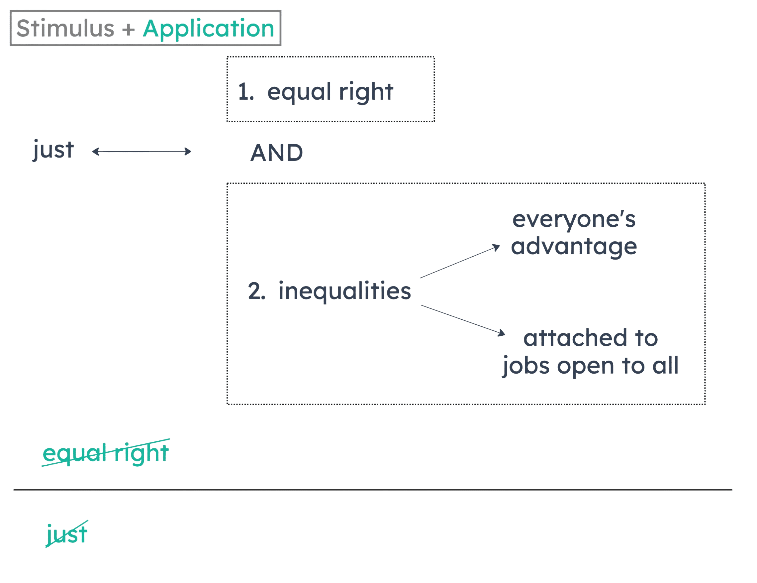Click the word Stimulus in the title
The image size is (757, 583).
point(65,29)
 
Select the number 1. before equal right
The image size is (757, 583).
point(246,92)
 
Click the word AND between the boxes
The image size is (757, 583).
point(276,153)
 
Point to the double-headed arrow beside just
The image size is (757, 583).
point(142,152)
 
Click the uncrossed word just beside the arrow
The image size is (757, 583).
point(53,150)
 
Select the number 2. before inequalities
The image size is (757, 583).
point(256,291)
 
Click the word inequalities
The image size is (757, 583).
point(344,291)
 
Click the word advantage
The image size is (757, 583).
point(574,247)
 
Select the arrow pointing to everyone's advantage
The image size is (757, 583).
point(460,261)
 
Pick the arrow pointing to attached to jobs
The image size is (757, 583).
point(463,320)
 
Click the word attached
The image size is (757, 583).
point(575,338)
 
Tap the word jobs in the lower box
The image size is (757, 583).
point(526,366)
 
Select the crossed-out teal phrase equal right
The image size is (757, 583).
point(105,453)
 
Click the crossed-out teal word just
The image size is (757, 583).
point(66,534)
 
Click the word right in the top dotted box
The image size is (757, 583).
point(366,92)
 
